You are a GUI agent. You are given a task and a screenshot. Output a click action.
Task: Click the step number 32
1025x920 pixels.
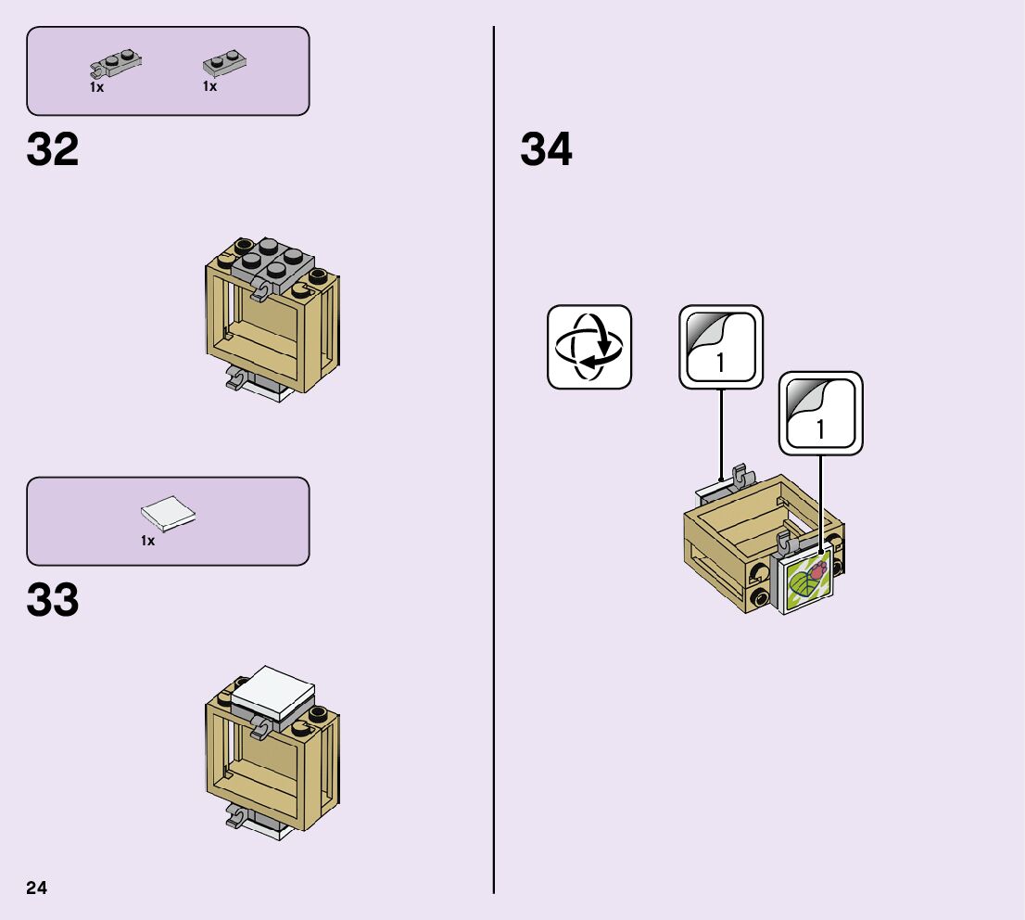[53, 150]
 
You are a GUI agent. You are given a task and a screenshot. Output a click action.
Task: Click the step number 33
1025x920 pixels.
[53, 601]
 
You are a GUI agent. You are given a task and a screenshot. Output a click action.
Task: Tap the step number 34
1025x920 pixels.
[546, 150]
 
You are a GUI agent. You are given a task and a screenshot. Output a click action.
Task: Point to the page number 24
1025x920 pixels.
[37, 888]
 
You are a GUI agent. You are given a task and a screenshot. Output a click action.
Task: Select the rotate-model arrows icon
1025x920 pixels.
[588, 347]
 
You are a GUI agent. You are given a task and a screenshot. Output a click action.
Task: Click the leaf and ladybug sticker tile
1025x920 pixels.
[808, 583]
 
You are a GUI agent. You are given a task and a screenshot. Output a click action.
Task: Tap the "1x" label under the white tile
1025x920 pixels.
[147, 541]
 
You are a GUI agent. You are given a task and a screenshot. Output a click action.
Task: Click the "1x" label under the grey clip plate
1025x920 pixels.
[96, 87]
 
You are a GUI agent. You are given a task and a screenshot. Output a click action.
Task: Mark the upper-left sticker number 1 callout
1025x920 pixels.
[721, 348]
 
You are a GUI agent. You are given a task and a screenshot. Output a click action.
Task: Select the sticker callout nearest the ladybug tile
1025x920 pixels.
[820, 414]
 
